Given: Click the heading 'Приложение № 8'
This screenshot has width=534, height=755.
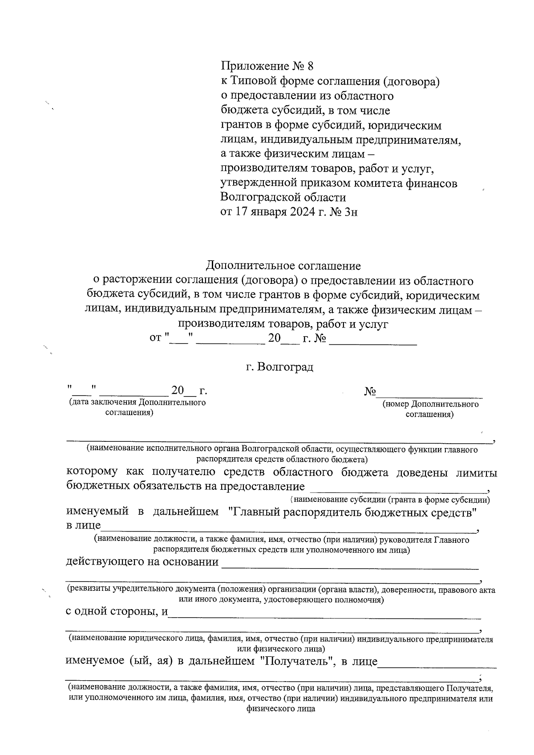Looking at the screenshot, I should pos(267,66).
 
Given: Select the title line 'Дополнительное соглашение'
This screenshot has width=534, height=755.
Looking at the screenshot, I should pos(283,266).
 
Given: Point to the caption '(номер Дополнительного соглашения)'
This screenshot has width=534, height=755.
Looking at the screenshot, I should pos(430,409).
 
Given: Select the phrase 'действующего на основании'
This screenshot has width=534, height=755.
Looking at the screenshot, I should pos(142,562).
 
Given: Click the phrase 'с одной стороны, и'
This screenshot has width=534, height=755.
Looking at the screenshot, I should pos(117,611).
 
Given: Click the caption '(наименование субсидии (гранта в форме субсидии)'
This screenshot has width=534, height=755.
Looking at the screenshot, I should pos(390,500).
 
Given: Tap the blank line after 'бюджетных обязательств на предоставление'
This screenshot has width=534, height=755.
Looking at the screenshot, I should pos(398,489).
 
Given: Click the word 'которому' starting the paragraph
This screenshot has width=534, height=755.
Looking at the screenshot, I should pos(92,472).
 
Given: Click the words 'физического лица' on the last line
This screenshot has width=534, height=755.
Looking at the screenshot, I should pos(280,709).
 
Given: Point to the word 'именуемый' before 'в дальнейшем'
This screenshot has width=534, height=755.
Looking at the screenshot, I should pos(97,512).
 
